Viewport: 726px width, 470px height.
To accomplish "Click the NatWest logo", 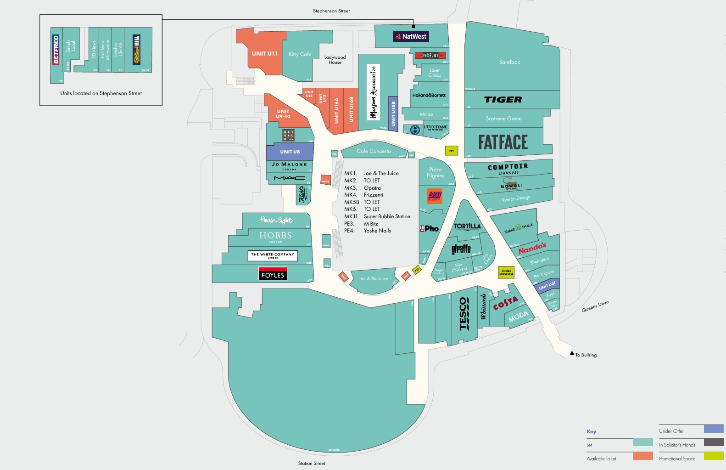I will click(411, 36).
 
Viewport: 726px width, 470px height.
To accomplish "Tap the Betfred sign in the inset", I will click(56, 50).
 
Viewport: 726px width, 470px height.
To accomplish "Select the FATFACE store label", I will click(503, 142).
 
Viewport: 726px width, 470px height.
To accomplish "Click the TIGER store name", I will click(503, 100).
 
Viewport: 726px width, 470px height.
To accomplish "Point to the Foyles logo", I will click(273, 274).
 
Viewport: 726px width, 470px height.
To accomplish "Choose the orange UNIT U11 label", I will click(264, 54).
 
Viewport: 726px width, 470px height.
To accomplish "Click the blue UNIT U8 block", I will click(290, 152).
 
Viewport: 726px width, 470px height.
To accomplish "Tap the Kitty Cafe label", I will click(300, 54).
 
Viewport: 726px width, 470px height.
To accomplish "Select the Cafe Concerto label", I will click(374, 151).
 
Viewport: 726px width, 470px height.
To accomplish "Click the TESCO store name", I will click(464, 313).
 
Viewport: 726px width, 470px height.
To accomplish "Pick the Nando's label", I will click(532, 249).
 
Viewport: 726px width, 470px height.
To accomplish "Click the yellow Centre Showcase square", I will click(506, 272).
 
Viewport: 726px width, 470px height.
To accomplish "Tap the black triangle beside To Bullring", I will click(572, 353).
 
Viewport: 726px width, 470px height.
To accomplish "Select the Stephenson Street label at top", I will click(331, 11).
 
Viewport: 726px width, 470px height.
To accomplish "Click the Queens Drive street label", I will click(595, 306).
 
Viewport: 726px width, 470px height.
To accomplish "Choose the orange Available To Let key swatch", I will click(642, 456).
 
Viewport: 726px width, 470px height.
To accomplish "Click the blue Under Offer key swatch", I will click(713, 429).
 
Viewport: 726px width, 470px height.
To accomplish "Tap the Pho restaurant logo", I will click(429, 228).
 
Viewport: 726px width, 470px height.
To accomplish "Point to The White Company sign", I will click(273, 255).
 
